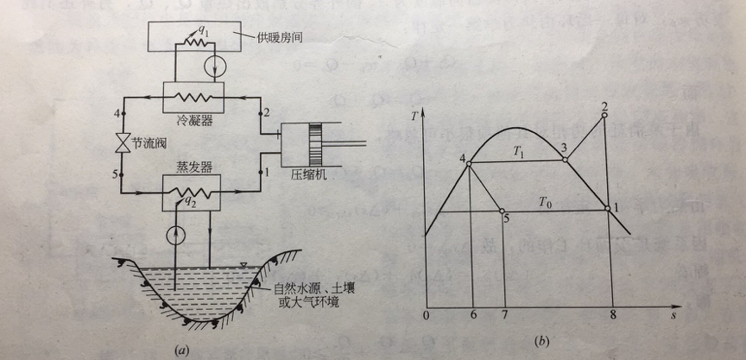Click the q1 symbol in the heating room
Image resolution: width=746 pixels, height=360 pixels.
coord(202,28)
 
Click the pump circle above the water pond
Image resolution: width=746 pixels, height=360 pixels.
coord(178,233)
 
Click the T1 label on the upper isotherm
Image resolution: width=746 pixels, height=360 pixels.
coord(518,151)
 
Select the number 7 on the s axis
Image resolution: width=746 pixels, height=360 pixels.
coord(503,314)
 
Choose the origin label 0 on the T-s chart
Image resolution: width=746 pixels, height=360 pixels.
coord(426,315)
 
